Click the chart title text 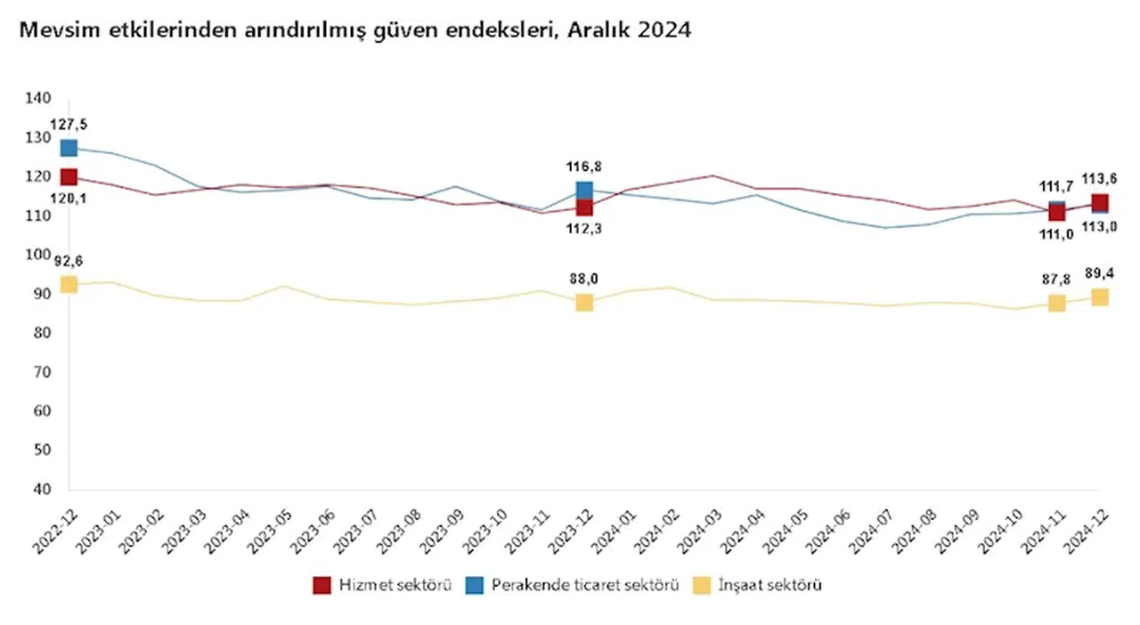[x=355, y=30]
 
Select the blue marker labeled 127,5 [x=69, y=148]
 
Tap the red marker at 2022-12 [x=69, y=177]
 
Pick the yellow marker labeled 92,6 [x=69, y=285]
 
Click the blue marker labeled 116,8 [x=584, y=190]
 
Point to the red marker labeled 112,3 [x=584, y=207]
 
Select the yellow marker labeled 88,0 [x=584, y=303]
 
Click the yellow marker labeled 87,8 [x=1056, y=304]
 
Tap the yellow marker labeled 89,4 [x=1100, y=297]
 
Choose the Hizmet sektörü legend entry [x=383, y=585]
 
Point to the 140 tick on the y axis [x=41, y=98]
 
